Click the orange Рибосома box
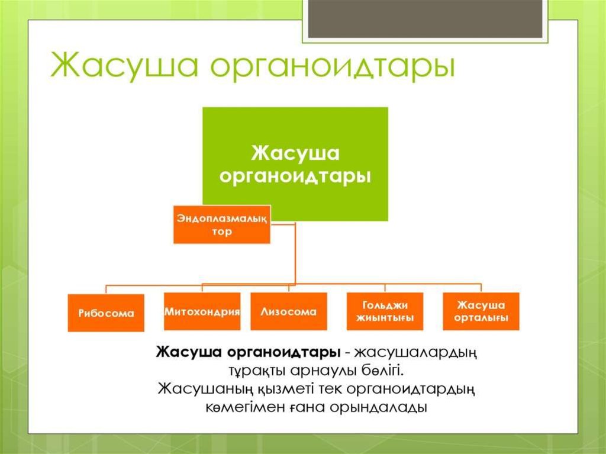tap(106, 313)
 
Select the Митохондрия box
tap(202, 311)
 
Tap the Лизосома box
tap(288, 311)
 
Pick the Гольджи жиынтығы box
tap(385, 311)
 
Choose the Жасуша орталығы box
tap(481, 311)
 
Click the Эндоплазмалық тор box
tap(221, 224)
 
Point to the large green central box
tap(295, 163)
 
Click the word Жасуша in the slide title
tap(125, 66)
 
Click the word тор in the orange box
tap(221, 232)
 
